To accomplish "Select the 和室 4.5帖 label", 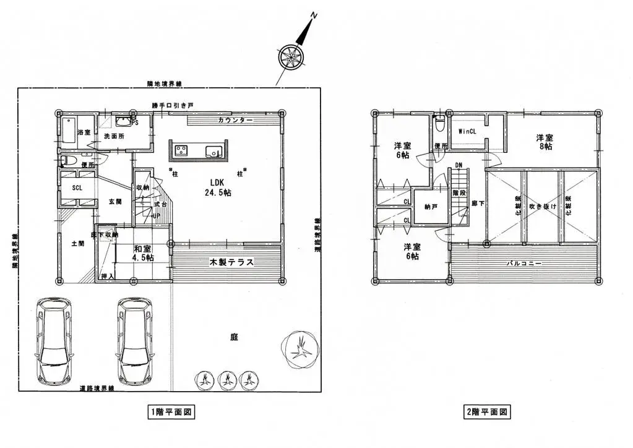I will point(144,253).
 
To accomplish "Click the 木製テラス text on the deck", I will point(231,262).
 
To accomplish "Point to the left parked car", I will point(54,340).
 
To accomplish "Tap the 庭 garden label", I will point(234,337).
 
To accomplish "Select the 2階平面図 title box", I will point(486,411).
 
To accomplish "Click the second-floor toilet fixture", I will point(439,124).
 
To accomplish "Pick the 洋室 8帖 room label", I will point(545,142).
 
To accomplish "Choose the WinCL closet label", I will point(467,131).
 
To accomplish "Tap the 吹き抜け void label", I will point(543,206).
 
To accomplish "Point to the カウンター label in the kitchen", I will point(235,119).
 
